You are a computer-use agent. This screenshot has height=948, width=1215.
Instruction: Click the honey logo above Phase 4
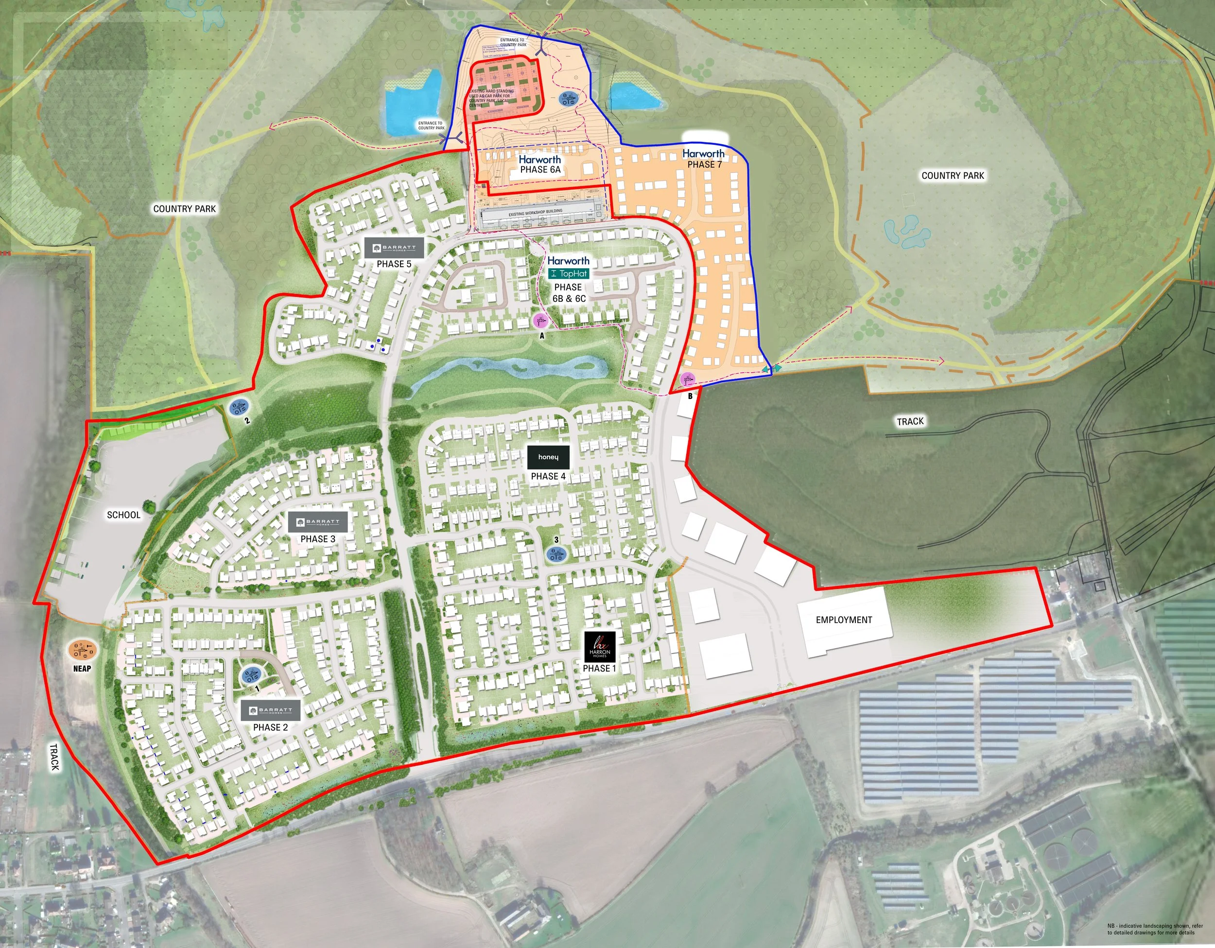click(x=548, y=457)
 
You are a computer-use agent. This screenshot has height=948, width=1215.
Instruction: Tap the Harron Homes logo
click(x=600, y=646)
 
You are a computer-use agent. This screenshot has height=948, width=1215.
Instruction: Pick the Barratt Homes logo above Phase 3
click(x=318, y=522)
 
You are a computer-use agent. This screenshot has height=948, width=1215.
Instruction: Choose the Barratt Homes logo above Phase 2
click(x=270, y=710)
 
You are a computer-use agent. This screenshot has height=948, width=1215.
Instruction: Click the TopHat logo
click(x=569, y=274)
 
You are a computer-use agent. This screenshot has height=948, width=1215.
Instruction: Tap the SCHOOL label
click(x=123, y=515)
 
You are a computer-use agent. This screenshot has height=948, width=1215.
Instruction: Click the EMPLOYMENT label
click(x=843, y=620)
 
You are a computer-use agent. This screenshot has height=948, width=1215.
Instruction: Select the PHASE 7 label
click(x=704, y=165)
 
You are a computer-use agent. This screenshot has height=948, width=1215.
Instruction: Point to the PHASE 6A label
click(x=540, y=170)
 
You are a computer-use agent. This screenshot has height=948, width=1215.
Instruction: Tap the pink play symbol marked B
click(x=688, y=379)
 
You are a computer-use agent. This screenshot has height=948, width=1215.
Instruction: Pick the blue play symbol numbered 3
click(x=556, y=554)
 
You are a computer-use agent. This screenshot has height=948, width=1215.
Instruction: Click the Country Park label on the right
click(x=953, y=176)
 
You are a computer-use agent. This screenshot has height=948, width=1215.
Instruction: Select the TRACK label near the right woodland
click(x=910, y=422)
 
